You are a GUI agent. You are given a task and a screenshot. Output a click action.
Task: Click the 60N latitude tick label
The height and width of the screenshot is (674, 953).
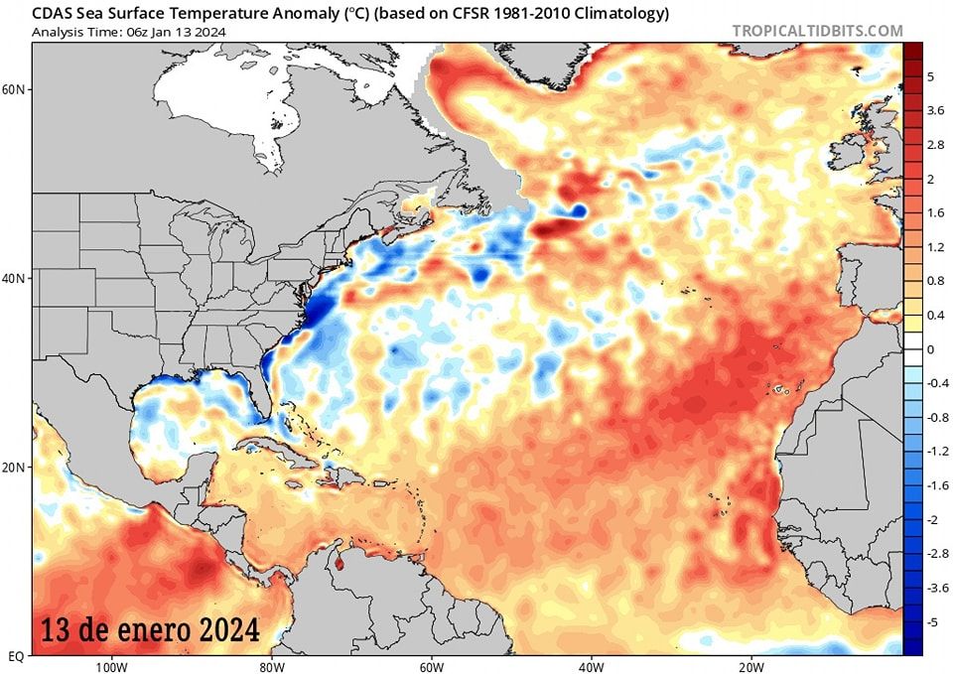[x=15, y=89]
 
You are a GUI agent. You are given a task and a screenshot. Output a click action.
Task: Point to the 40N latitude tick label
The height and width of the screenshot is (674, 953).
[x=15, y=278]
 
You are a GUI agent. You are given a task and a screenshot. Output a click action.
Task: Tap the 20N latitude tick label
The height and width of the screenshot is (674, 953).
[x=15, y=467]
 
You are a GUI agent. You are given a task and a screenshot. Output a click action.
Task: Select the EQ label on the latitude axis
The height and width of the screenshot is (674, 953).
[x=16, y=656]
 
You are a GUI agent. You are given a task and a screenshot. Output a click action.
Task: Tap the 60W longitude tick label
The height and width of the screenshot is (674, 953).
[x=430, y=666]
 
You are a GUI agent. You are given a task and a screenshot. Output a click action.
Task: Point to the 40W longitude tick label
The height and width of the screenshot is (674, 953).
[x=590, y=666]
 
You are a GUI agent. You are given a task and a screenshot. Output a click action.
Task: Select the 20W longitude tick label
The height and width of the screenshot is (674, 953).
[x=750, y=666]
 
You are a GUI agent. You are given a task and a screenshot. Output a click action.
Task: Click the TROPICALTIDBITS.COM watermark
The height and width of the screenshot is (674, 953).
[x=818, y=31]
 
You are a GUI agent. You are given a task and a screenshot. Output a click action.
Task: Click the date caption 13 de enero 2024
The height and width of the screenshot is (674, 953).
[x=151, y=629]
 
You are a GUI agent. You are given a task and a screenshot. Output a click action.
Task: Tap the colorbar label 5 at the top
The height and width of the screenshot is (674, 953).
[x=930, y=76]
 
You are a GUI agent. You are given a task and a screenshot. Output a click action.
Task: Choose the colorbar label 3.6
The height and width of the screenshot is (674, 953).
[x=935, y=111]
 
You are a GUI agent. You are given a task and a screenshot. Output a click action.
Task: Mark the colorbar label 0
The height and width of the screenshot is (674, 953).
[x=930, y=349]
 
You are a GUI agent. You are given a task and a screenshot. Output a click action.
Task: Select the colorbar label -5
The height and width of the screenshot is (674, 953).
[x=932, y=621]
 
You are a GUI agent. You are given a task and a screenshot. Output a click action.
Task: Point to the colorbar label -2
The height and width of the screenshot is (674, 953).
[x=932, y=519]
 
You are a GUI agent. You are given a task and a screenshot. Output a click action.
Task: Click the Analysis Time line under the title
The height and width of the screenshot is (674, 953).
[x=128, y=32]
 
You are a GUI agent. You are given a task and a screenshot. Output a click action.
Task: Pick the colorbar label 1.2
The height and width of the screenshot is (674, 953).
[x=935, y=247]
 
